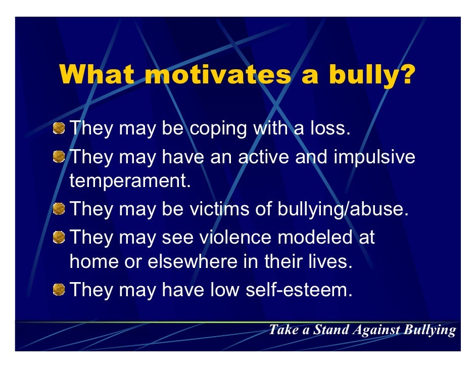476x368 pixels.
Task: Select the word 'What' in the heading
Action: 97,76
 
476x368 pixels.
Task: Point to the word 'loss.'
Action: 328,128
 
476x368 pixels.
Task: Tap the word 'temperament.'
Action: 130,181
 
